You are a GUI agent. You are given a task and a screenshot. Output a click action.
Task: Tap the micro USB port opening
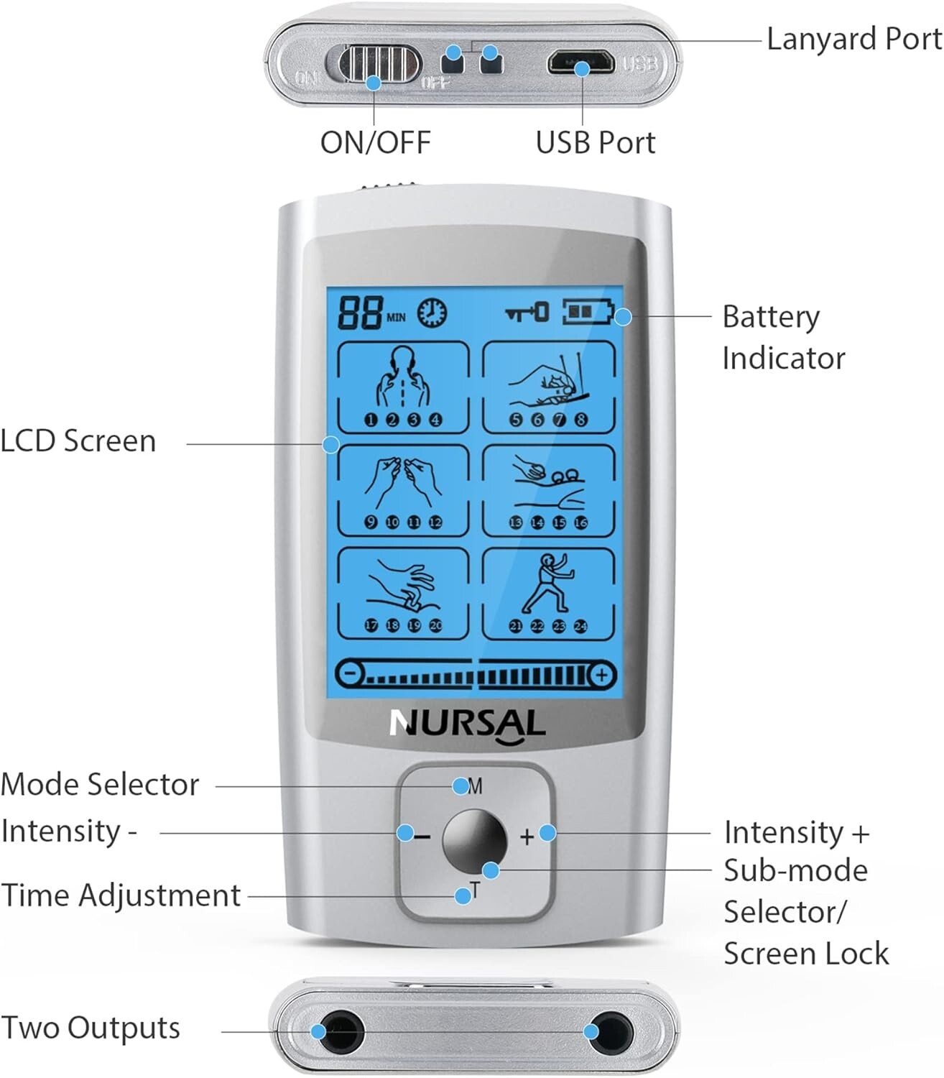click(x=580, y=63)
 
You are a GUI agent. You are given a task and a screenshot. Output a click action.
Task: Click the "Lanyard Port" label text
click(x=853, y=39)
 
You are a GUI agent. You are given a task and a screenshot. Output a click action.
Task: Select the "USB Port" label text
click(x=595, y=142)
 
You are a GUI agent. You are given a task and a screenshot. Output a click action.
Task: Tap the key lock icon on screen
click(x=527, y=313)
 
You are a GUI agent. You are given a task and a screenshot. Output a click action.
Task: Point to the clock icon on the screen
click(x=432, y=313)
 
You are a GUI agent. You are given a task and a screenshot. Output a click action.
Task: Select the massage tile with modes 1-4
click(x=403, y=387)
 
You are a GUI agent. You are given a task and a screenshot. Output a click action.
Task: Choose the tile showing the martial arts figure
click(x=548, y=594)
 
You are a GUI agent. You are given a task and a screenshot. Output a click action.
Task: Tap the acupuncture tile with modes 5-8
click(x=548, y=387)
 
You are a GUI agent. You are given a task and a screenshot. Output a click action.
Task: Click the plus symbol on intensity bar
click(x=601, y=675)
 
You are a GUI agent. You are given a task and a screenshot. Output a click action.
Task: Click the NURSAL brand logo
click(x=467, y=724)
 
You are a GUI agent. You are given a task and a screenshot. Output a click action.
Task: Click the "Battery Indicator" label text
click(x=782, y=337)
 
